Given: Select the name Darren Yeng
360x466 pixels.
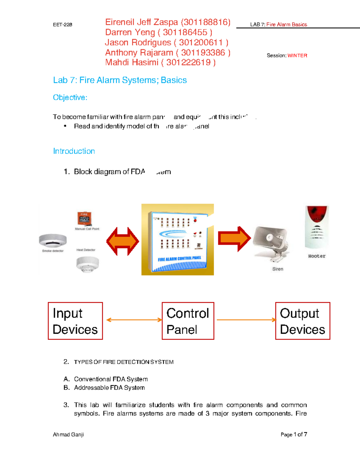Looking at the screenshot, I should click(130, 32).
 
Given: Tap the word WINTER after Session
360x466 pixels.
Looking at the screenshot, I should click(297, 56).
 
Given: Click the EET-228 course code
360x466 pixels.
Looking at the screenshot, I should click(62, 25).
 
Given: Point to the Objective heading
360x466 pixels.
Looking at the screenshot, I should click(70, 98).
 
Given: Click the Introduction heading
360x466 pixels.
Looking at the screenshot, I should click(74, 151).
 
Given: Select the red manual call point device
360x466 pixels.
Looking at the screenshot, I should click(84, 218).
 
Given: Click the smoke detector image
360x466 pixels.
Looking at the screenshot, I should click(53, 240).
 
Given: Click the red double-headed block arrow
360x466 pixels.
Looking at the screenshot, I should click(123, 241).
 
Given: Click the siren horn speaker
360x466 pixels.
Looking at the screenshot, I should click(271, 241).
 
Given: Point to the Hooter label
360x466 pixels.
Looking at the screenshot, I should click(317, 256).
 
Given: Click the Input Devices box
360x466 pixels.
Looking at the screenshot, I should click(75, 321).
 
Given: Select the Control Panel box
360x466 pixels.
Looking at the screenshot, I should click(188, 321).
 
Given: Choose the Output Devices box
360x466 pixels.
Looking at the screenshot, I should click(302, 321).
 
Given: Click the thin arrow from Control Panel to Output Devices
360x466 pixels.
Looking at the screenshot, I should click(246, 320).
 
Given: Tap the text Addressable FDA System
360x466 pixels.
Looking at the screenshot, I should click(109, 388).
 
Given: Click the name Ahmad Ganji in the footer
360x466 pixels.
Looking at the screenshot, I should click(68, 434).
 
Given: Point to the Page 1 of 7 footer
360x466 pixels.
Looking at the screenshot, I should click(294, 434).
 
